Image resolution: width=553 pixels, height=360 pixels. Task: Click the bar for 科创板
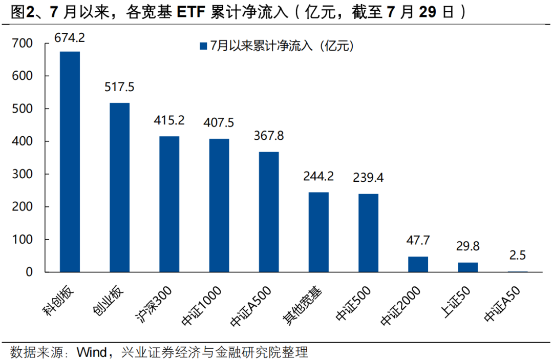pyautogui.click(x=70, y=162)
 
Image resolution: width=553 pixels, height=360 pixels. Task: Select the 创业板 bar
pyautogui.click(x=119, y=187)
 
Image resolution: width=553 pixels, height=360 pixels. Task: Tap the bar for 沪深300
pyautogui.click(x=169, y=204)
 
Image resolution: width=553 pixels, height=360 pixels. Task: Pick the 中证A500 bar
pyautogui.click(x=269, y=212)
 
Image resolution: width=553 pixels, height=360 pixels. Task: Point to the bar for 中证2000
pyautogui.click(x=418, y=264)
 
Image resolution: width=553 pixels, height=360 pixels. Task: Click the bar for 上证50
pyautogui.click(x=468, y=267)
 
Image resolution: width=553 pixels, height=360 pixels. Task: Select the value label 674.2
pyautogui.click(x=70, y=38)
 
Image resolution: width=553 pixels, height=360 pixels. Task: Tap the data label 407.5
pyautogui.click(x=219, y=123)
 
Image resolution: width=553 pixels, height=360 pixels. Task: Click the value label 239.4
pyautogui.click(x=368, y=177)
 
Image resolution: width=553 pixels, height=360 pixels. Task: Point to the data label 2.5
pyautogui.click(x=517, y=256)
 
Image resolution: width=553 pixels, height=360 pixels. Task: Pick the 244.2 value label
pyautogui.click(x=318, y=176)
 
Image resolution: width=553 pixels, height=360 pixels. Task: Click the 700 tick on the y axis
pyautogui.click(x=22, y=44)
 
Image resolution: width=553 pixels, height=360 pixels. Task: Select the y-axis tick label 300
pyautogui.click(x=22, y=174)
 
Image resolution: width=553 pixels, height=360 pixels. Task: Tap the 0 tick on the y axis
pyautogui.click(x=29, y=272)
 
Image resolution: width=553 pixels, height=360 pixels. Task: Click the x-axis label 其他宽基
pyautogui.click(x=302, y=305)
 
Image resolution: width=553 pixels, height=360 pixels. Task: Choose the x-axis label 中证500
pyautogui.click(x=353, y=303)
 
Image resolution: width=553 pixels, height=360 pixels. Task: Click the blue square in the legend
pyautogui.click(x=203, y=46)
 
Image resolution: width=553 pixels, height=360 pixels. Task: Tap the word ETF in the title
pyautogui.click(x=191, y=12)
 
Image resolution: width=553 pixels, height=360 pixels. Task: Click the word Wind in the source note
pyautogui.click(x=92, y=352)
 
